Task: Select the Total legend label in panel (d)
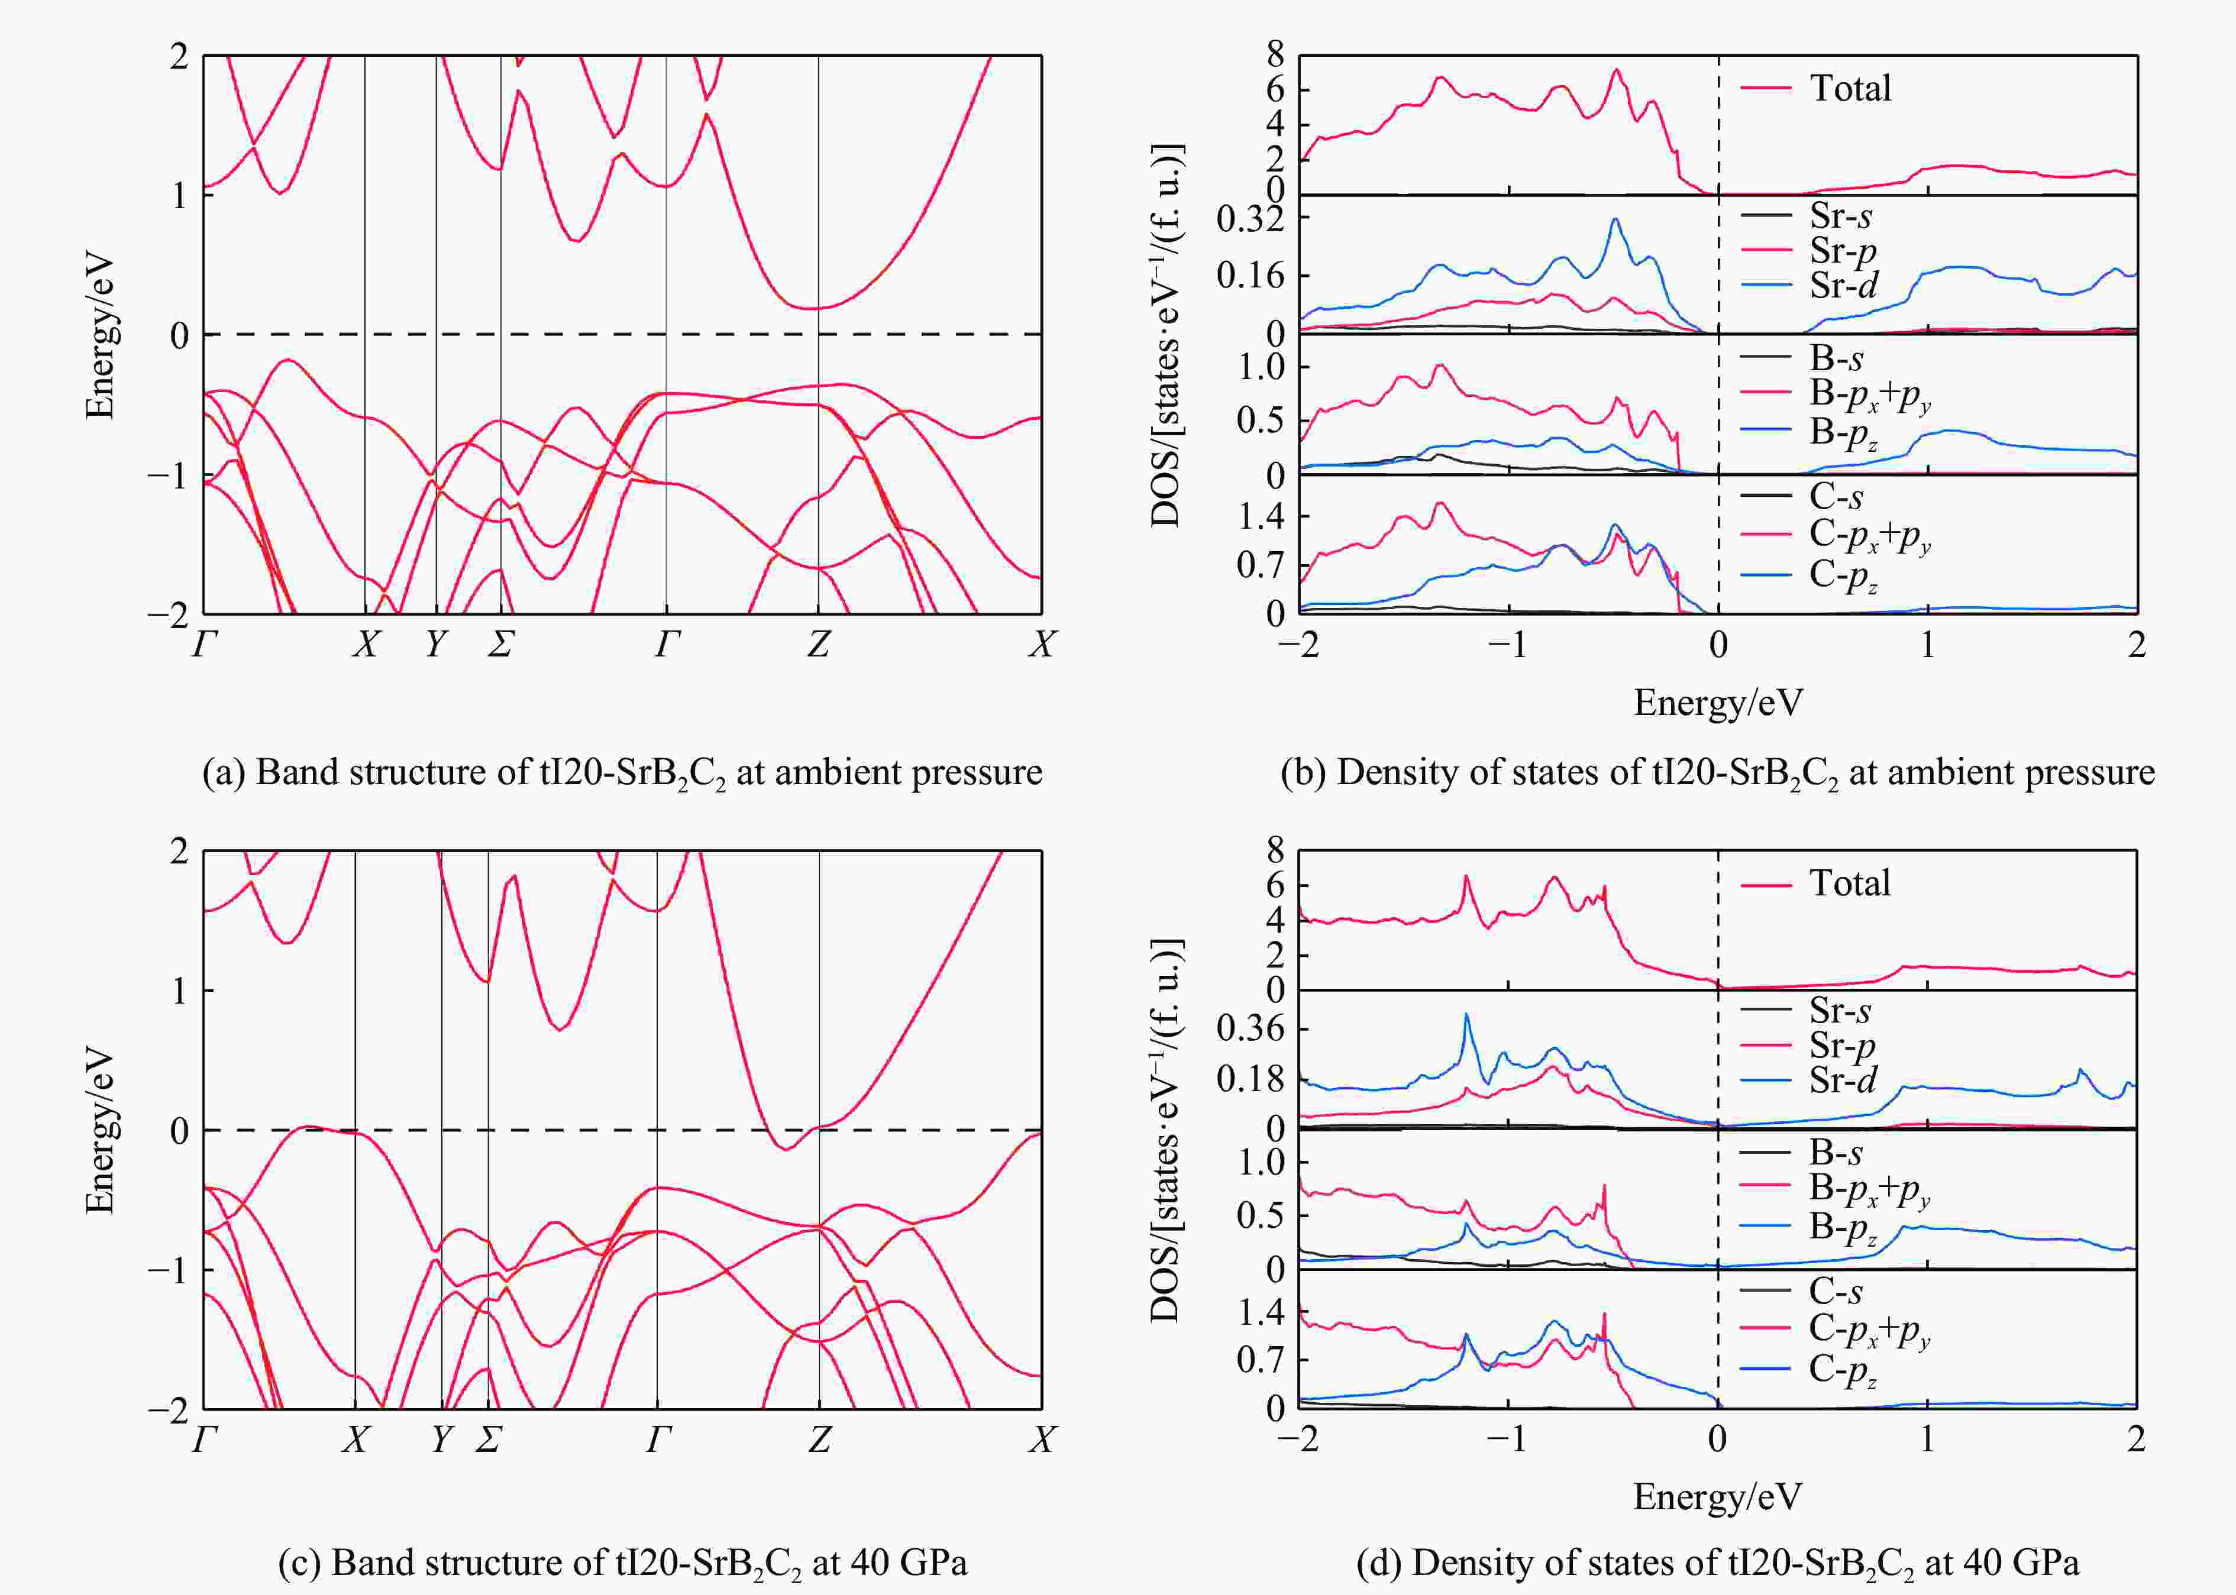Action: point(1850,883)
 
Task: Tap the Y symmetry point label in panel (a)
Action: point(436,644)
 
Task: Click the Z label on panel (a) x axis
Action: point(818,644)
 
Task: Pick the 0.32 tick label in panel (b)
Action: point(1251,220)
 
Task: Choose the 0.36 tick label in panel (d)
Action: point(1251,1028)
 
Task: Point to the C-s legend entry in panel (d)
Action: point(1835,1290)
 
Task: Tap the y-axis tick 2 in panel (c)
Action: point(179,852)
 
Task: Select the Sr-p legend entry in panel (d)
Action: point(1842,1046)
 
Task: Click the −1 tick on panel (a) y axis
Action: point(167,475)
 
